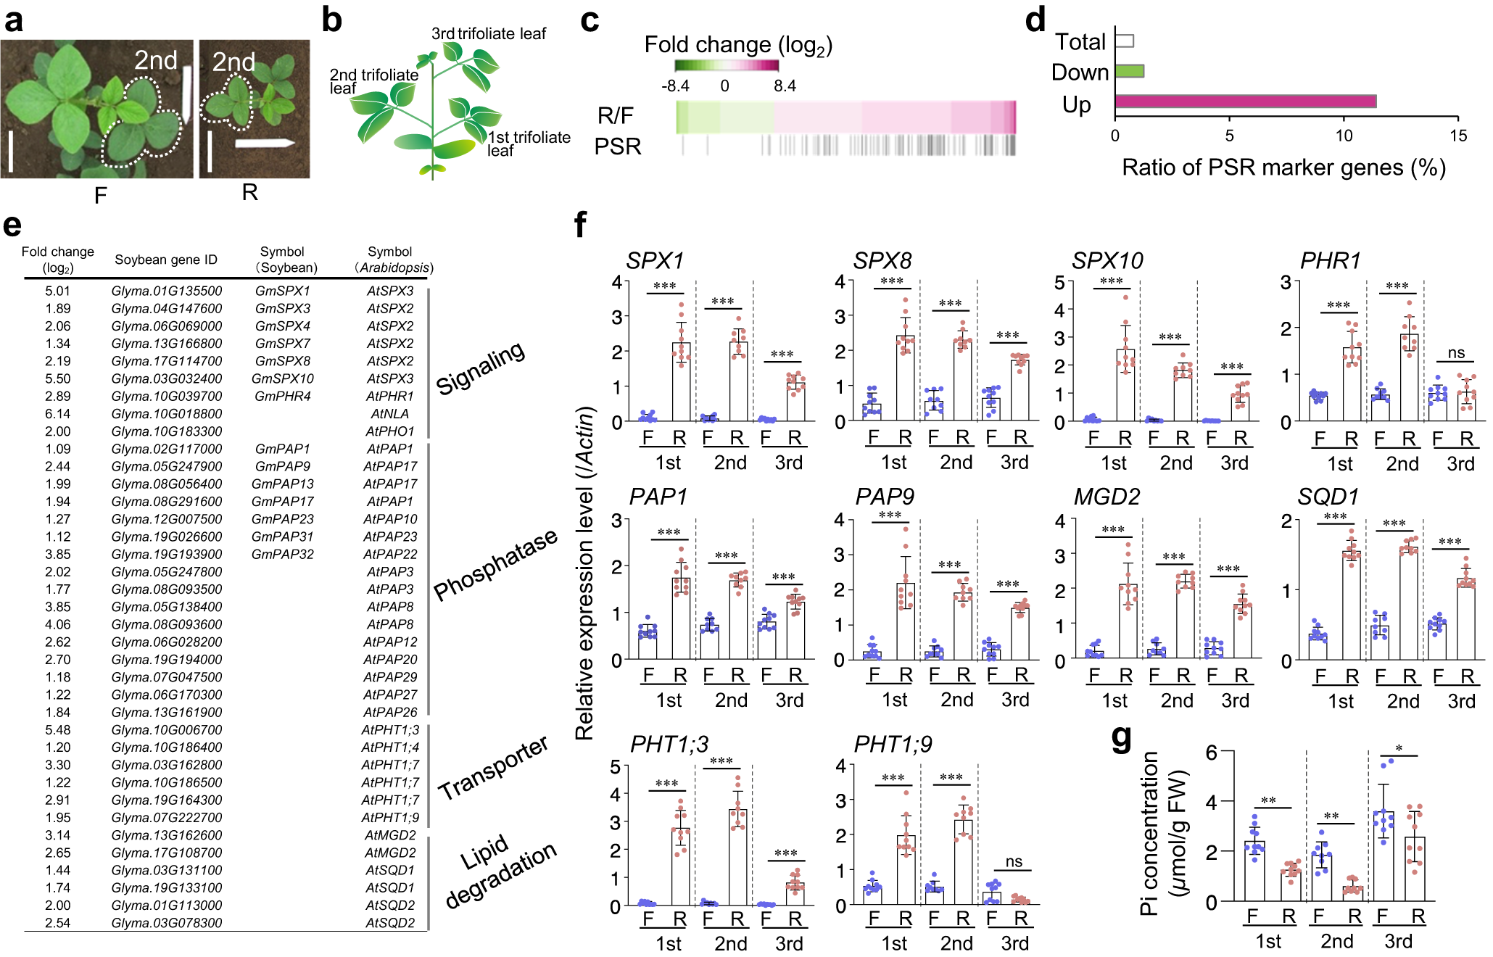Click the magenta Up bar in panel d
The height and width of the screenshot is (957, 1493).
coord(1244,101)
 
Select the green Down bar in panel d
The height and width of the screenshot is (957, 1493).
coord(1129,71)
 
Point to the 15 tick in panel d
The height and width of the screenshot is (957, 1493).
coord(1457,136)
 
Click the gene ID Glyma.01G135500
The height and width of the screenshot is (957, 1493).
coord(167,291)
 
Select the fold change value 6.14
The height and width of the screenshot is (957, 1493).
coord(58,413)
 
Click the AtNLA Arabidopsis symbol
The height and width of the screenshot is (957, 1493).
coord(389,413)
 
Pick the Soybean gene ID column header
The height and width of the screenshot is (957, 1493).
coord(166,260)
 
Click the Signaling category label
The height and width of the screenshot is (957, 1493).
coord(480,368)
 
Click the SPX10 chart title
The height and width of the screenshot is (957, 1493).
coord(1107,260)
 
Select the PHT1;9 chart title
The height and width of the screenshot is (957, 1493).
coord(893,744)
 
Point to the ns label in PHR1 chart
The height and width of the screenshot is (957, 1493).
coord(1456,353)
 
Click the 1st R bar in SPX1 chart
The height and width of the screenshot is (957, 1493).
coord(681,382)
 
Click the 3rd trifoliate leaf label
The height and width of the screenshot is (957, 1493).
coord(488,33)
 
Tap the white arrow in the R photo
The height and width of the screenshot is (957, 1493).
coord(264,143)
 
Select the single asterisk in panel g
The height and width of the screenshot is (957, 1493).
coord(1399,749)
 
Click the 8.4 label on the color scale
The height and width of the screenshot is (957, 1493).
coord(785,86)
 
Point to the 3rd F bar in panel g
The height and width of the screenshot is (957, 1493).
coord(1384,855)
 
